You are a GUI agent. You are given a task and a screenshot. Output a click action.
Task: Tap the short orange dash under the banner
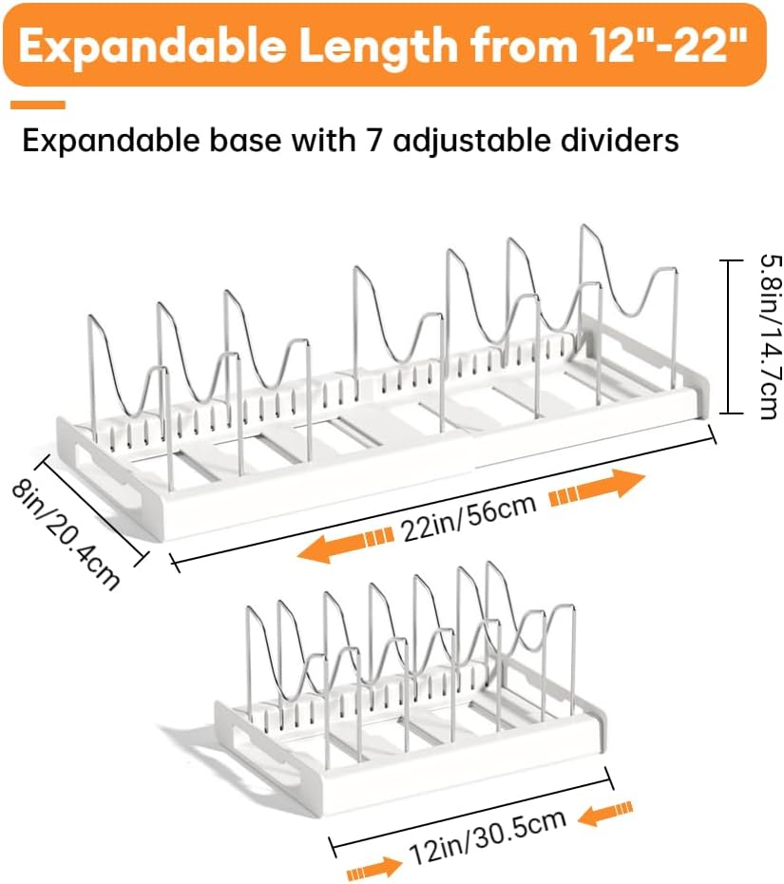(38, 105)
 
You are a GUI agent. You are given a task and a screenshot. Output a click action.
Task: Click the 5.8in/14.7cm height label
(770, 337)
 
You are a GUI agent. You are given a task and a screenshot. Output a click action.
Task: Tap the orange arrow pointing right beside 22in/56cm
(597, 488)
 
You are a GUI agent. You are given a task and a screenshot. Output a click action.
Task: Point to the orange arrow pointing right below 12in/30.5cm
(373, 867)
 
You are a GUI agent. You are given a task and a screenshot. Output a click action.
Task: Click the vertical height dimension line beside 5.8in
(729, 336)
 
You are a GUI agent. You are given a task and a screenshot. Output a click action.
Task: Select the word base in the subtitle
(245, 141)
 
